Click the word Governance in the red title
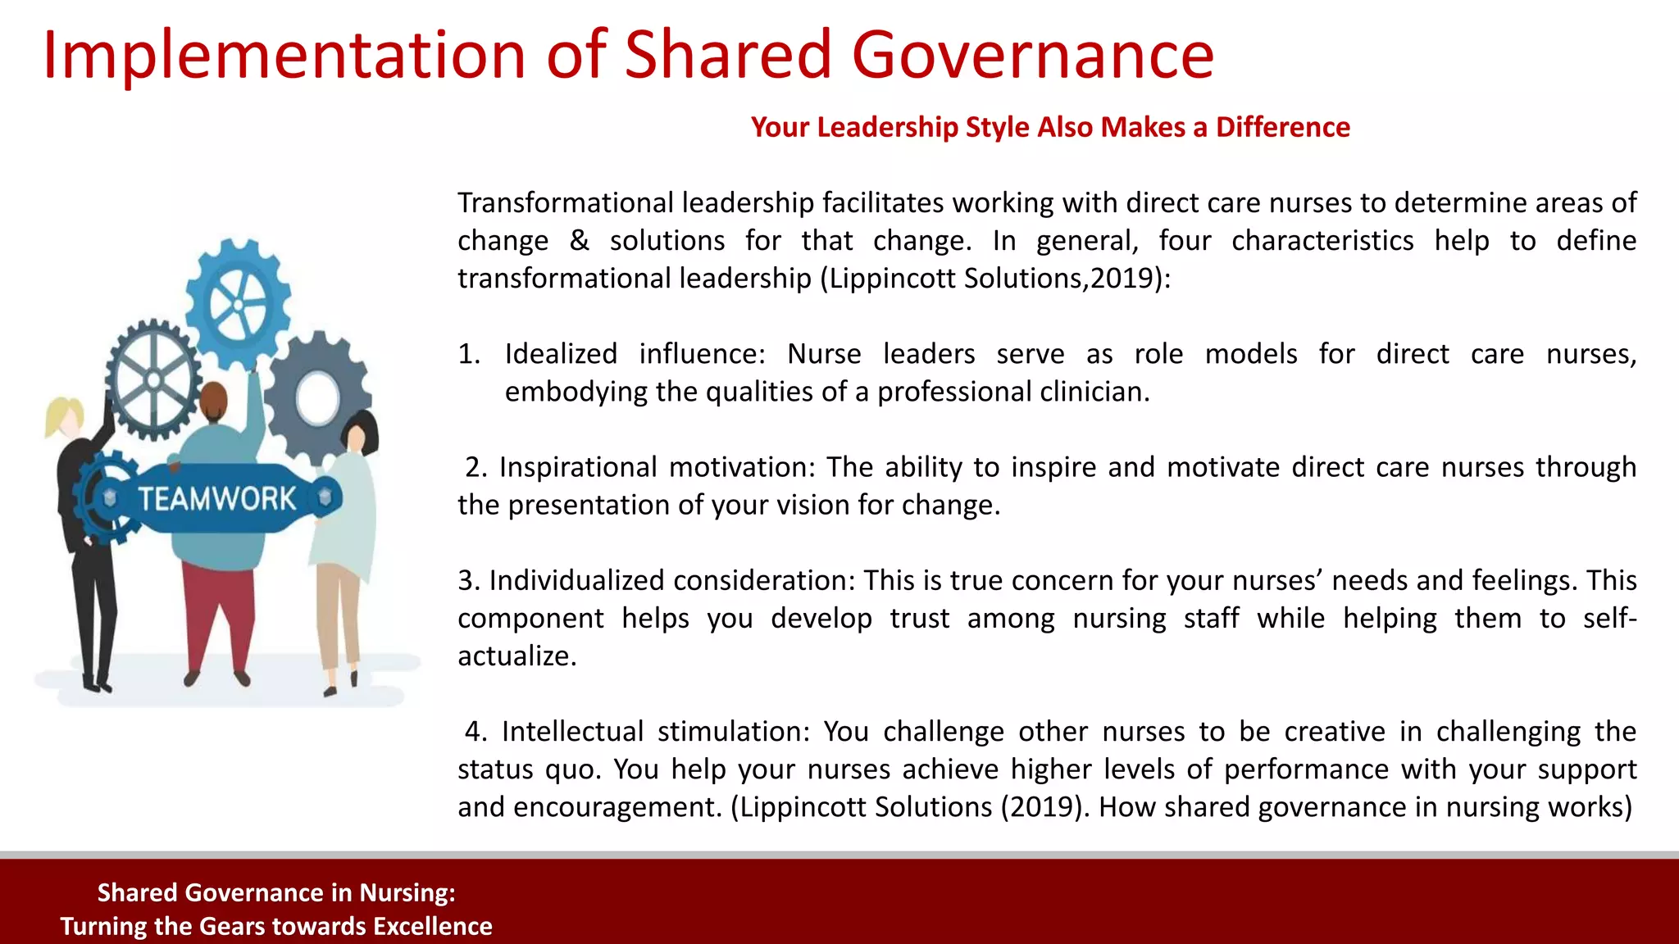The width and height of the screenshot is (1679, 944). (1032, 56)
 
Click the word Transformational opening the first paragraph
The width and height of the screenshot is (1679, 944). (566, 202)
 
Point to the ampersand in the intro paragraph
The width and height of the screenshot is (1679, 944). (579, 241)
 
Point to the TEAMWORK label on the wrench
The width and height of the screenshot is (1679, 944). (216, 498)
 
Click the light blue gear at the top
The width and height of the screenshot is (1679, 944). (238, 303)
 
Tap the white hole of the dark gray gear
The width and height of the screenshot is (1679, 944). (317, 398)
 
